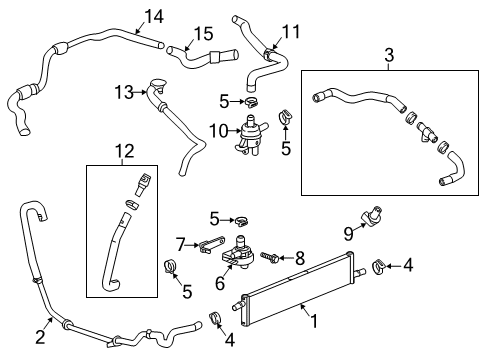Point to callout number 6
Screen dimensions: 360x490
click(x=220, y=283)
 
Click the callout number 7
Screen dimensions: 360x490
click(x=181, y=242)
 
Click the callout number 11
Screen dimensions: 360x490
click(x=290, y=32)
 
